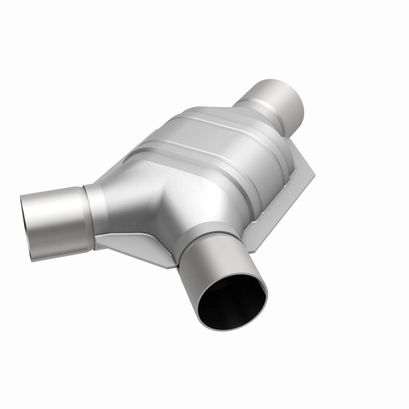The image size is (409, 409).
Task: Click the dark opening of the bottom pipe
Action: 233,302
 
